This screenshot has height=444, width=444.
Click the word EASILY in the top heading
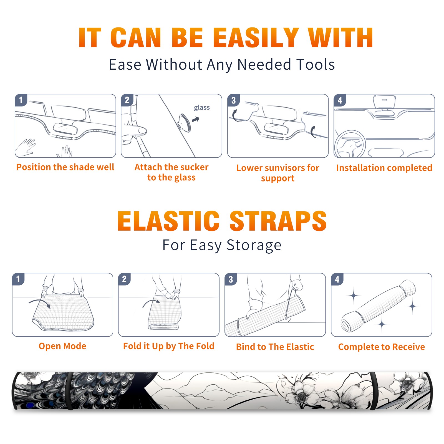(256, 38)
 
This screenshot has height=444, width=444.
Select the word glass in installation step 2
(202, 108)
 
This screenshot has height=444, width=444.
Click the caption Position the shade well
(65, 167)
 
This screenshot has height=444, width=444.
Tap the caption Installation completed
(384, 168)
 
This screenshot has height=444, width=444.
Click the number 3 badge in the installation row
(234, 100)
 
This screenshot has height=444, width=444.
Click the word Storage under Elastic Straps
(254, 245)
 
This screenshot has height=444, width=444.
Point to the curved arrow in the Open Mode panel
(40, 302)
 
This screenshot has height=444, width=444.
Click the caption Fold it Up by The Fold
(169, 346)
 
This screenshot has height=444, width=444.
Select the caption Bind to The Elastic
(275, 347)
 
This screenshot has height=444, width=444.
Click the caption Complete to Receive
(382, 347)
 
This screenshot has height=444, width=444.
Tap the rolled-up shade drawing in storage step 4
(378, 306)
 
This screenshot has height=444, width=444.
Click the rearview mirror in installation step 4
(384, 102)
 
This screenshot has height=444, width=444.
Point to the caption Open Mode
(62, 346)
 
